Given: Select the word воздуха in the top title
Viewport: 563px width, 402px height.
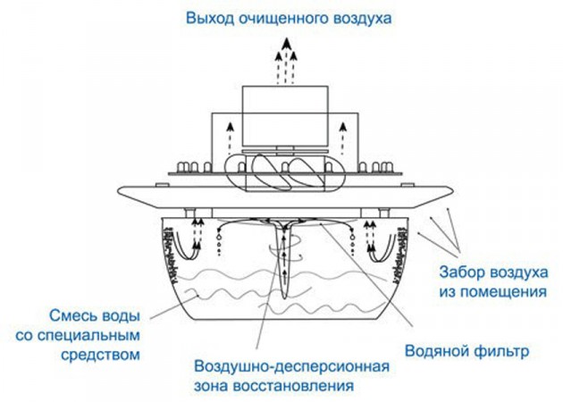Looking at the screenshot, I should [x=359, y=18].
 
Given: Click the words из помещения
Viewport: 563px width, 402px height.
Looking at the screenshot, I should [x=492, y=291].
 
